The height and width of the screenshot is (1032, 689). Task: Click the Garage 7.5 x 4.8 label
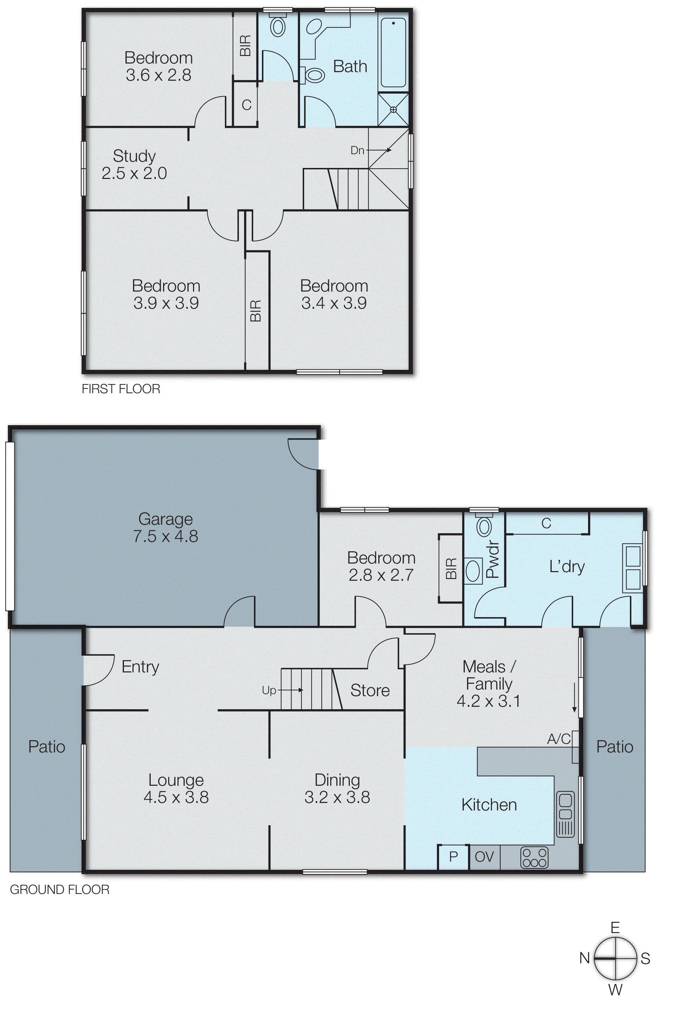(166, 528)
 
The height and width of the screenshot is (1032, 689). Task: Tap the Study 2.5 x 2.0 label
(134, 165)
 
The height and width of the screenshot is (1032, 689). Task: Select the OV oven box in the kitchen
(484, 857)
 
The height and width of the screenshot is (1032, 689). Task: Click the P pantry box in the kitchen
(453, 857)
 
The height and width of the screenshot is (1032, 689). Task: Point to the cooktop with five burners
(534, 858)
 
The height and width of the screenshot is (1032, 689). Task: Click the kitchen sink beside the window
(565, 814)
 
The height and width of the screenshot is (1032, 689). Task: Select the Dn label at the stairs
(357, 150)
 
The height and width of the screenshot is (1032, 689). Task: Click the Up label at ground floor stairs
(268, 691)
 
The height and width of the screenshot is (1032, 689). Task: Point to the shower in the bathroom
(393, 110)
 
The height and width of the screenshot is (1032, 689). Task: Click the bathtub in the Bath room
(393, 53)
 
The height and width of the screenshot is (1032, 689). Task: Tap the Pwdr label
(493, 559)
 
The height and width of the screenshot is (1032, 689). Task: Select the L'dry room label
(567, 567)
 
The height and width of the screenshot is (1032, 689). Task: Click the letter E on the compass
(615, 928)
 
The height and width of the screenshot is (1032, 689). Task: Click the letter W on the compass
(615, 990)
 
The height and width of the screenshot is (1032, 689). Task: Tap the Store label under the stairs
(370, 691)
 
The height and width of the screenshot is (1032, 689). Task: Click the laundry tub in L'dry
(633, 567)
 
